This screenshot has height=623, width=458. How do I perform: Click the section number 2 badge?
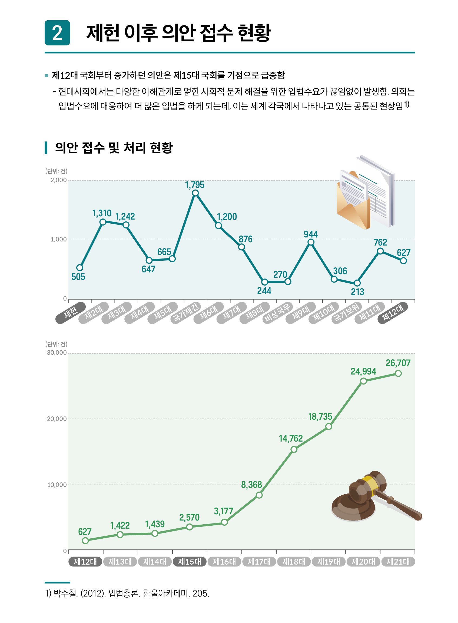pos(57,33)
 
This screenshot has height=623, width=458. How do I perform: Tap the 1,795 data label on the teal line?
pos(195,185)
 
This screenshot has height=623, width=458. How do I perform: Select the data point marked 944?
pos(311,242)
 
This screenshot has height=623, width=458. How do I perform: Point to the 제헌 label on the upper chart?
pos(70,313)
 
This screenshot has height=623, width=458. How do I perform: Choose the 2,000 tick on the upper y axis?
pos(58,180)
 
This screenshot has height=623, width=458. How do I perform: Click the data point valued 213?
pos(357,283)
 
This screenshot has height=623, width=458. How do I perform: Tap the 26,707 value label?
pos(398,363)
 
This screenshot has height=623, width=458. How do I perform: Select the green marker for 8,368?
pos(259,495)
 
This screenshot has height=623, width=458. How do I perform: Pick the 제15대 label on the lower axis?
pos(190,562)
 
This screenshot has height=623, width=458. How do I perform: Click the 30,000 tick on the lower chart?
pos(57,353)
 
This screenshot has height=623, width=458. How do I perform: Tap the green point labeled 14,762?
pos(294,449)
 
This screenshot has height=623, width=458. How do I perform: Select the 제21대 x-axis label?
pos(398,562)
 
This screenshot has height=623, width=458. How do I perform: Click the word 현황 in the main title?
pos(254,33)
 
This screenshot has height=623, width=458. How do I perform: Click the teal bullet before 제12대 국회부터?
pos(47,75)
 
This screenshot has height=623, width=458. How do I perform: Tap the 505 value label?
pos(78,277)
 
